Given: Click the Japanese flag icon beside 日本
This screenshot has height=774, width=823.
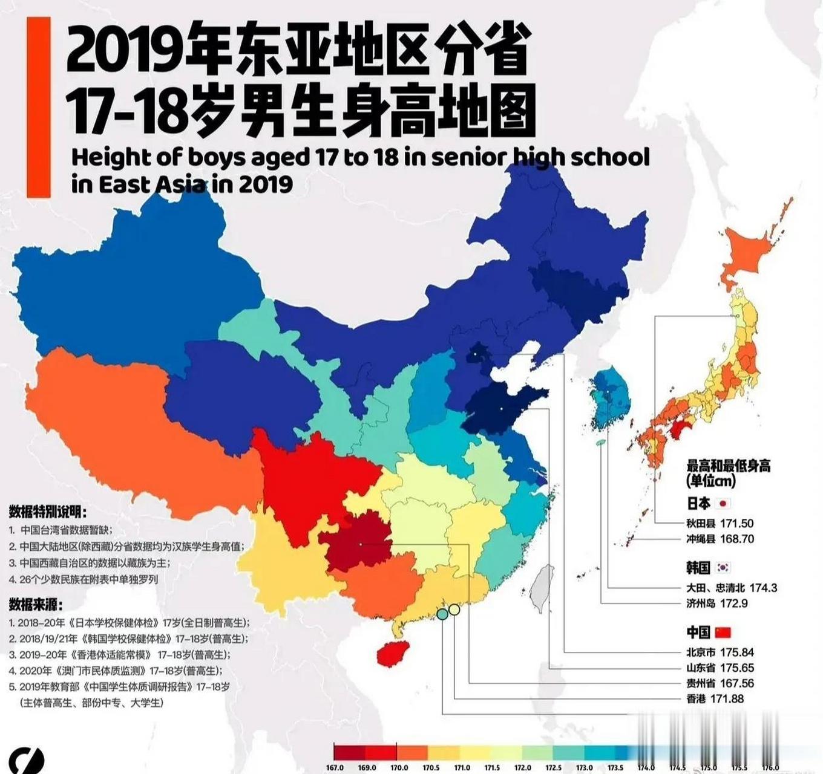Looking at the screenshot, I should [723, 503].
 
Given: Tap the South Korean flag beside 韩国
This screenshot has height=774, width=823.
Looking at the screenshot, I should [723, 567].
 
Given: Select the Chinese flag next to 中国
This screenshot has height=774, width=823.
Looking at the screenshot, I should [723, 633].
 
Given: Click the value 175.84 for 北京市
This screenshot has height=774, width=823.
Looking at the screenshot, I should [736, 652].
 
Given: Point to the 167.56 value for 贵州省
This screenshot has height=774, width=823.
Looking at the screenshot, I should [736, 683].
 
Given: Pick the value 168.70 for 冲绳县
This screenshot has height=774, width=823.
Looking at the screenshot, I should [737, 539].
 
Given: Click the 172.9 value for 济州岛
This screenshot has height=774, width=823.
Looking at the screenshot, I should [734, 603].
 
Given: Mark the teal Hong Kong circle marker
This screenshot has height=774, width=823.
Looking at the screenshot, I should [442, 614].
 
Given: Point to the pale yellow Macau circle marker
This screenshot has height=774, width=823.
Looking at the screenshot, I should [454, 610].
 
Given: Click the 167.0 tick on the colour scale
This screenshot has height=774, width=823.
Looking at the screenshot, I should [335, 767].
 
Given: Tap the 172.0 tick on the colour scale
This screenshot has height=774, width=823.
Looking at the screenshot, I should [522, 767].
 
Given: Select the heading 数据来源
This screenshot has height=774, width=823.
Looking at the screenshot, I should [36, 604].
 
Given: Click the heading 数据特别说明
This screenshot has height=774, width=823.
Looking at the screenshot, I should [48, 512].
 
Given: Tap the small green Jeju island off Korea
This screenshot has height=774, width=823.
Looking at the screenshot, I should [600, 443].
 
